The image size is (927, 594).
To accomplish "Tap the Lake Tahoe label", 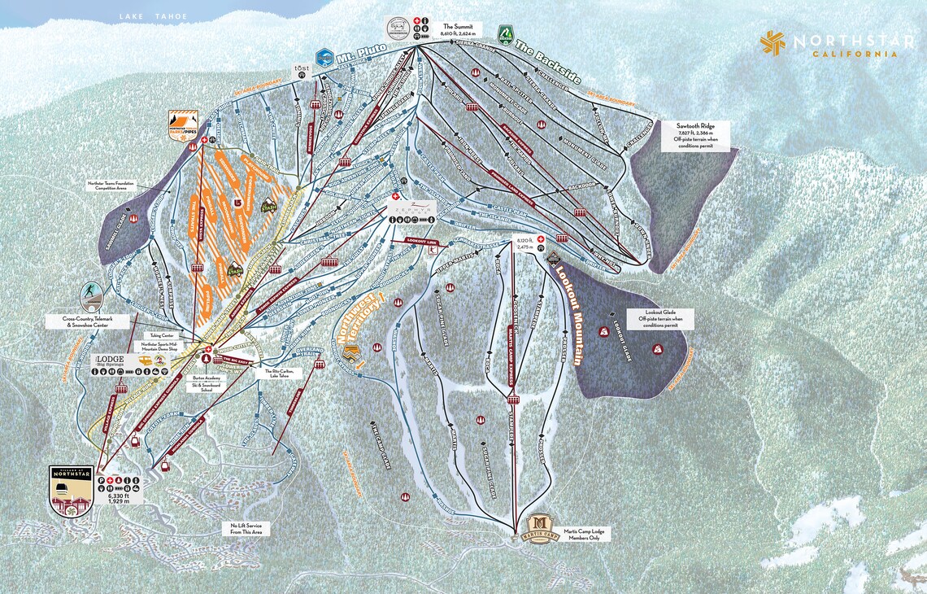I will click(x=152, y=17).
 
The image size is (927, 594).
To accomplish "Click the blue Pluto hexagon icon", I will click(x=324, y=56).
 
